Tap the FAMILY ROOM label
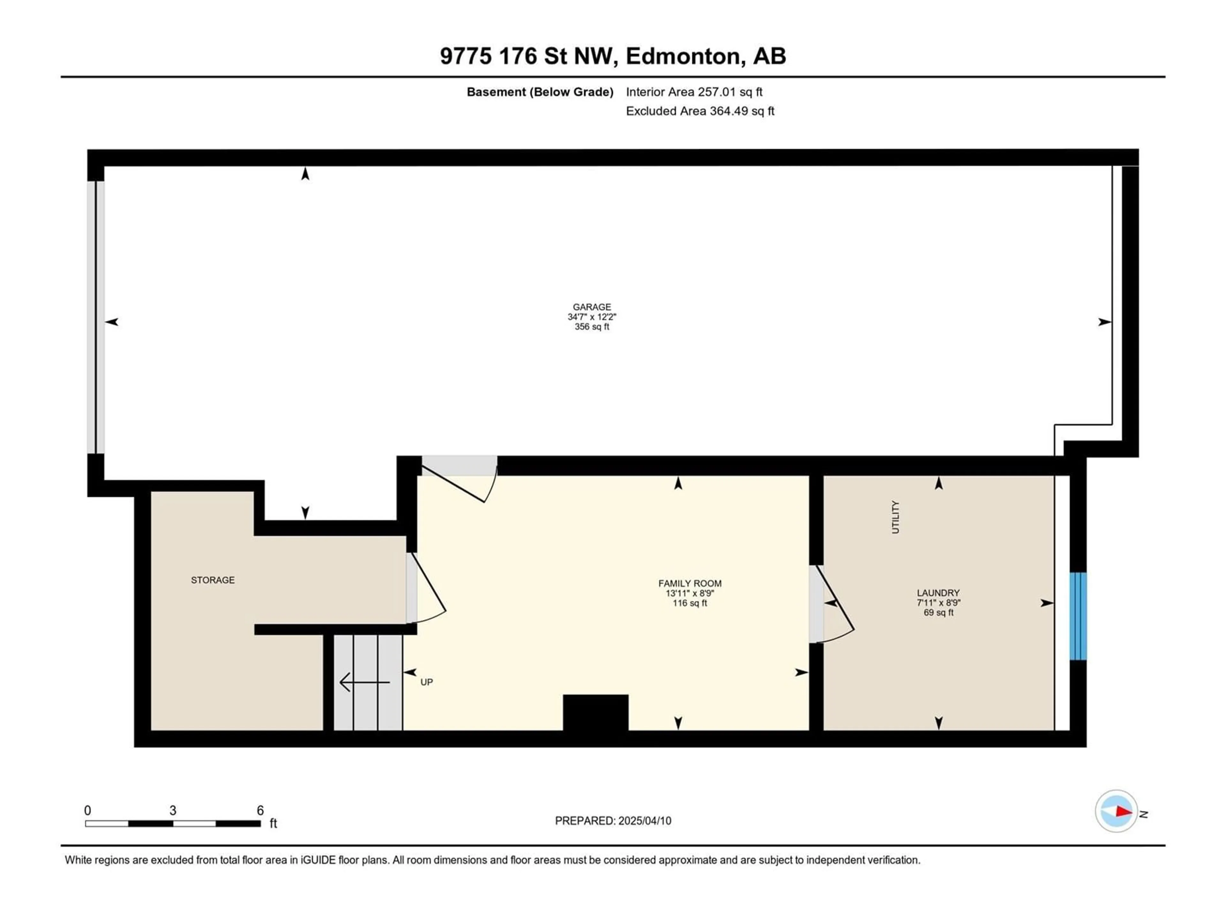tap(690, 583)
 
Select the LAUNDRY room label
tap(938, 593)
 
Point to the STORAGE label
tap(213, 580)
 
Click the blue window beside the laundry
tap(1078, 616)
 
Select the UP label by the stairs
tap(426, 682)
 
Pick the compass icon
tap(1116, 811)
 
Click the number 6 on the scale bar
tap(260, 810)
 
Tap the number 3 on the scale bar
tap(173, 810)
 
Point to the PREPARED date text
tap(613, 821)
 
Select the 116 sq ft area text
tap(690, 603)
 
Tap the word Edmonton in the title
tap(683, 56)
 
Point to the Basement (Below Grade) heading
tap(540, 92)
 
